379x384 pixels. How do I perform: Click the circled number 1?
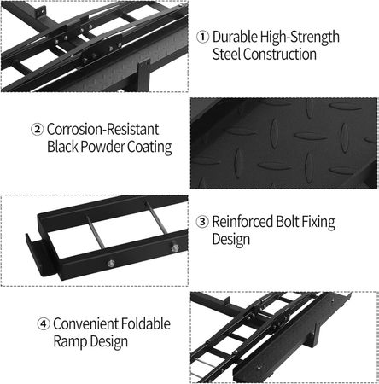(202, 38)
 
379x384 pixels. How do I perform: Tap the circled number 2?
(37, 130)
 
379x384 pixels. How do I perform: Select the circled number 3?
(202, 222)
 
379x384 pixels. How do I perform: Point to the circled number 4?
(44, 324)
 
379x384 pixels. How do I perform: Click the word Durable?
(235, 37)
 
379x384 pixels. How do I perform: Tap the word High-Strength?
(300, 38)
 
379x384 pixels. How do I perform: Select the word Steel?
(226, 54)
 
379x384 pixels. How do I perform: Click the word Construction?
(280, 54)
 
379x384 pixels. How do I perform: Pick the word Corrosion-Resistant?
(102, 129)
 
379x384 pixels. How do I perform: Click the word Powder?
(102, 147)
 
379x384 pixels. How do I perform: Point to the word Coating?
(149, 148)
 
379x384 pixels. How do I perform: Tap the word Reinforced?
(242, 221)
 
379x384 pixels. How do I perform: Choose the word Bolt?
(287, 221)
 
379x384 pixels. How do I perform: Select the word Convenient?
(85, 323)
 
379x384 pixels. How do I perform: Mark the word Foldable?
(146, 323)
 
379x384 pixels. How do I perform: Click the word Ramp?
(67, 342)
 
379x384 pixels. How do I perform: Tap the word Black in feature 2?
(62, 147)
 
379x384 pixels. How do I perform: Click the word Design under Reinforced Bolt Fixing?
(231, 240)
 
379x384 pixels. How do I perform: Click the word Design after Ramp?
(106, 342)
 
